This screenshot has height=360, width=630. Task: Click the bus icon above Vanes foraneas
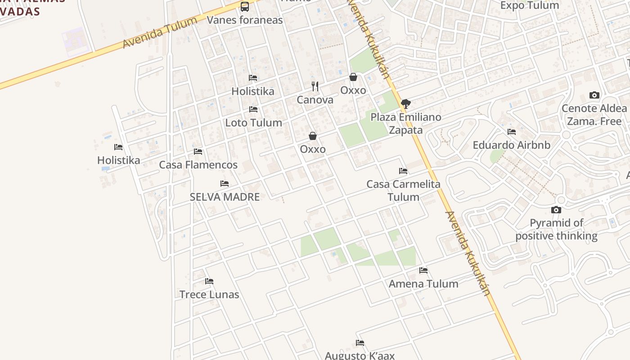245,7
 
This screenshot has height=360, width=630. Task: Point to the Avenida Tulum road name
160,33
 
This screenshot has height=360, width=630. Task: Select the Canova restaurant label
315,100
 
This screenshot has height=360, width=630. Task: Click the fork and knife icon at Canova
315,86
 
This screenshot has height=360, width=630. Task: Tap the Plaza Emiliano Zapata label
406,123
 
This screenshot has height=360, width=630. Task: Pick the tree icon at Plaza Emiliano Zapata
406,104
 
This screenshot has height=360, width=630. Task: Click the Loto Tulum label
254,122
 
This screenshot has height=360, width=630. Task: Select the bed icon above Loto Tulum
253,109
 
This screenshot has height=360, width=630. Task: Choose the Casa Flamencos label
198,165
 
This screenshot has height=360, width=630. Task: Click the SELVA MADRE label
225,197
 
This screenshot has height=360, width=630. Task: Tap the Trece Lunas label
209,294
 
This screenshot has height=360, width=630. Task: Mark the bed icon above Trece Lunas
209,281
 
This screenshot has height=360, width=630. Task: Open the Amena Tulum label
423,283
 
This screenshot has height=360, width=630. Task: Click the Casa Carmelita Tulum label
403,190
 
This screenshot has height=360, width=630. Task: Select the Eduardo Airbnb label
512,145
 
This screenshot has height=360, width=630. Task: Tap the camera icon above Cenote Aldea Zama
594,95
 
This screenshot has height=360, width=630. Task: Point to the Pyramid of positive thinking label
556,229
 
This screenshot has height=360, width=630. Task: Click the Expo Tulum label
530,5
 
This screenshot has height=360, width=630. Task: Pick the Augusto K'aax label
360,355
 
